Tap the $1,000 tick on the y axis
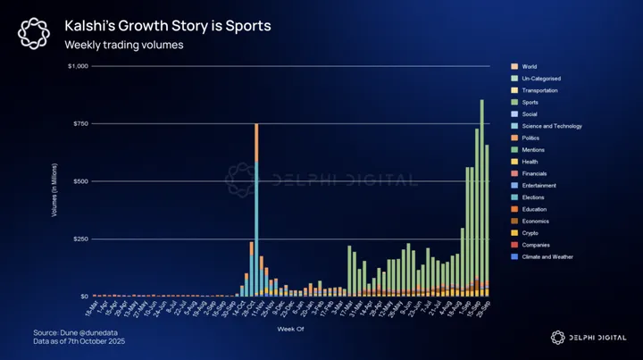(79, 66)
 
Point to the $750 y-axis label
(81, 123)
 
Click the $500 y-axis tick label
(81, 181)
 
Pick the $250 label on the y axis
(81, 239)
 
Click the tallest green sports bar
(481, 197)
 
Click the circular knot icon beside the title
(35, 34)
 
